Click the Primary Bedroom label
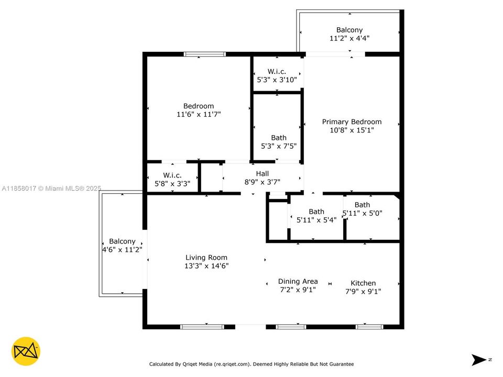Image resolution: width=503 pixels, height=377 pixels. pos(352,122)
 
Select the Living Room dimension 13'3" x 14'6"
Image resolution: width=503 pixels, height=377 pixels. pos(206,266)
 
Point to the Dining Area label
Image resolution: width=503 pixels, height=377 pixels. pos(298,281)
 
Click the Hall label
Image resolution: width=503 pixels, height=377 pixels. pos(262,174)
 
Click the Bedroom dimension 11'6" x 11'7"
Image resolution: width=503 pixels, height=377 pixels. pos(198,114)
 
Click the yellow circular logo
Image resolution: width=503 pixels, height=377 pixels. pos(26,351)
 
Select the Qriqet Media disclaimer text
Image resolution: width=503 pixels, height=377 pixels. pos(251,364)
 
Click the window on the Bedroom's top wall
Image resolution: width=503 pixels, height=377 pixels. pos(204,54)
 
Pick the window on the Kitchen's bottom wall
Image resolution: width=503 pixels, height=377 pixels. pos(369,327)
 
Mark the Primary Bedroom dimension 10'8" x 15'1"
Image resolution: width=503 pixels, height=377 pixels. pos(352,130)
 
